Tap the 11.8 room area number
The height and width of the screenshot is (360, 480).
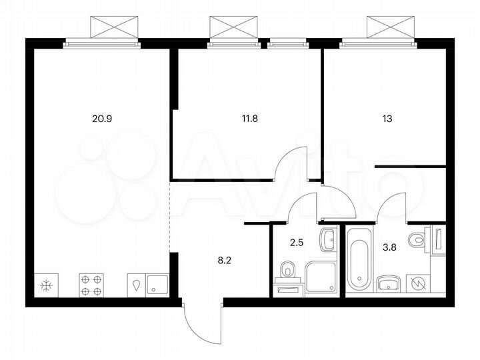pos(249,120)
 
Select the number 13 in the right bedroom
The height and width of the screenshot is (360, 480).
pos(387,120)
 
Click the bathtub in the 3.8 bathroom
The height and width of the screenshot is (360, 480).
pos(358,259)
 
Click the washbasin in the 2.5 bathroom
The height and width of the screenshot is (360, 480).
pos(328,239)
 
